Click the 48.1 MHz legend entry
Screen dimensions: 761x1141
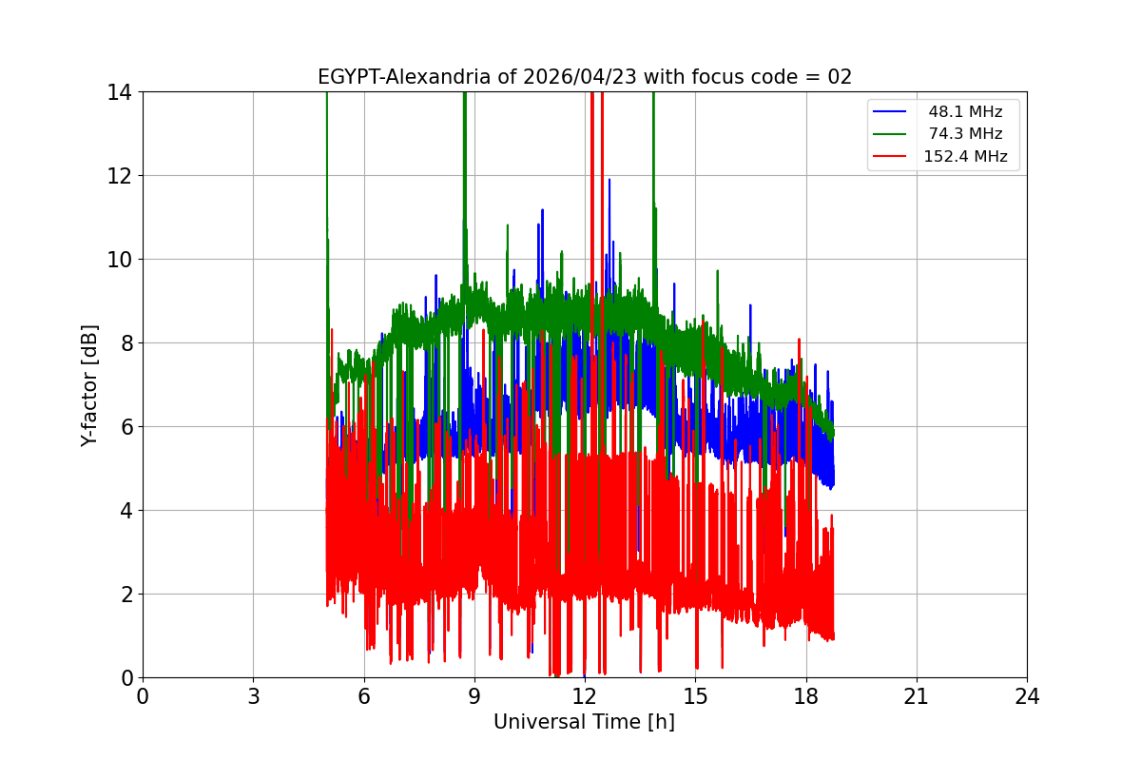(x=965, y=112)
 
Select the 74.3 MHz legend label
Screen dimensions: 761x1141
(x=965, y=134)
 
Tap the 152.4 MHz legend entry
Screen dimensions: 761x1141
(x=965, y=157)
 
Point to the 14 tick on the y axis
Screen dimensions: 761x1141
(x=121, y=92)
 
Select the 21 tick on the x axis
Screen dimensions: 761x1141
(x=917, y=696)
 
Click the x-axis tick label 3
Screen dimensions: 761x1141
(x=253, y=696)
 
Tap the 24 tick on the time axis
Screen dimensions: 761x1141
(x=1027, y=696)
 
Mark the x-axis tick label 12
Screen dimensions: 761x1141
(x=585, y=696)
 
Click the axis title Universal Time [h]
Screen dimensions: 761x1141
(x=584, y=723)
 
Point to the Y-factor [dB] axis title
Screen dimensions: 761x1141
(x=89, y=385)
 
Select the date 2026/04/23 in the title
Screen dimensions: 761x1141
(x=581, y=77)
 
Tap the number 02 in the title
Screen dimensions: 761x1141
(x=839, y=77)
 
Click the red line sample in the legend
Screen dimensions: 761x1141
(x=892, y=157)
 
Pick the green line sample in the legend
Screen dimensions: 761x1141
(x=892, y=134)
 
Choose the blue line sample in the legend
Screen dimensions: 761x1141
(x=892, y=112)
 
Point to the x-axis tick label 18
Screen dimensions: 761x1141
(x=806, y=696)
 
